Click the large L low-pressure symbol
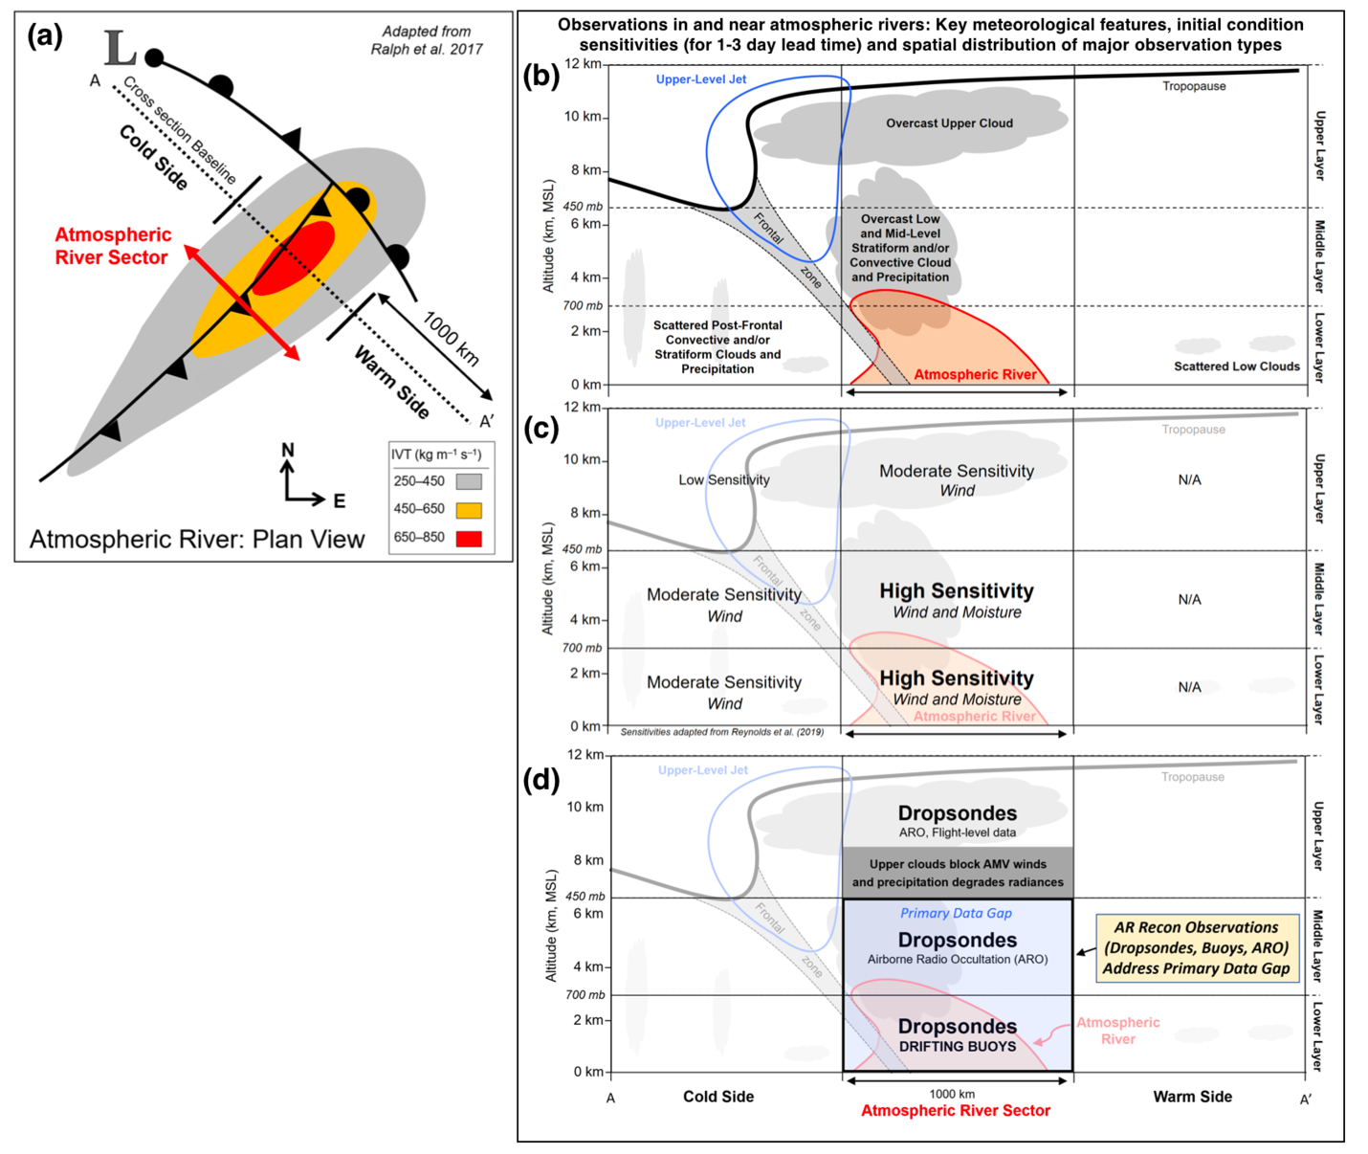pos(121,48)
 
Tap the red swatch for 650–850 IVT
pos(469,539)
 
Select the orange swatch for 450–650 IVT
pos(469,510)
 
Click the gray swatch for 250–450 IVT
pos(469,481)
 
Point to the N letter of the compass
pos(288,450)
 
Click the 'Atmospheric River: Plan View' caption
pos(197,540)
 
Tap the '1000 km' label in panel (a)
pos(451,338)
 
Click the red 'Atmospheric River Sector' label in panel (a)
pos(113,246)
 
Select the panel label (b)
pos(541,76)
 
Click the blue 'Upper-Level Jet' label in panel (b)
pos(701,79)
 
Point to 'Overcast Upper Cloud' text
pos(949,123)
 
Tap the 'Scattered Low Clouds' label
pos(1236,366)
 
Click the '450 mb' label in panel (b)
pos(583,207)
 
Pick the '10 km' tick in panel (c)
pos(583,459)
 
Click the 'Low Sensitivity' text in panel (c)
pos(724,479)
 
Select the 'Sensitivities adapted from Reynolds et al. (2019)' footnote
pos(722,731)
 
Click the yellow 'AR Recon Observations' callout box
pos(1197,948)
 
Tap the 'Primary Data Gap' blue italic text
pos(956,913)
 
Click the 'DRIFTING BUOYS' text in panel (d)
pos(958,1047)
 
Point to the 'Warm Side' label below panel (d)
pos(1192,1097)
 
